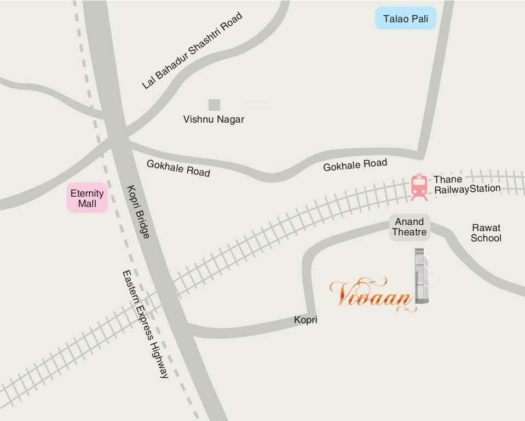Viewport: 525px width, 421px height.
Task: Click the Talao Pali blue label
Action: [x=406, y=18]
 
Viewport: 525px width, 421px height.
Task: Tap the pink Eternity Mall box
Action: [x=87, y=198]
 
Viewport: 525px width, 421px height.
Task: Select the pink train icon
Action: [x=419, y=187]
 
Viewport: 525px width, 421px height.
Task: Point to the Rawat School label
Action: [x=486, y=232]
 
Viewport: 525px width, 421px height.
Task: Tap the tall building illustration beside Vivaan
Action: [x=421, y=276]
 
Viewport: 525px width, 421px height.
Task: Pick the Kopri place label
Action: [x=305, y=320]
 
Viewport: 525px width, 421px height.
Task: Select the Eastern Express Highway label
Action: [x=145, y=324]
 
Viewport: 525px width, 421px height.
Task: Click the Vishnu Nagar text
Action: [x=214, y=119]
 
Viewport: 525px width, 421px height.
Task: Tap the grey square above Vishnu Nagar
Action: [x=214, y=105]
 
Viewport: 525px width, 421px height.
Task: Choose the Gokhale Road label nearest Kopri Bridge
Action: [x=178, y=168]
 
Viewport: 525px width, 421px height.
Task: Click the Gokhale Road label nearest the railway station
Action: [x=355, y=164]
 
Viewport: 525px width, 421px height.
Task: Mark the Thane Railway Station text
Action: [x=467, y=184]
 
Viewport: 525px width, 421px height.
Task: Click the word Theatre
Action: [x=409, y=232]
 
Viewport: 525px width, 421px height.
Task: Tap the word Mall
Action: [x=87, y=204]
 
